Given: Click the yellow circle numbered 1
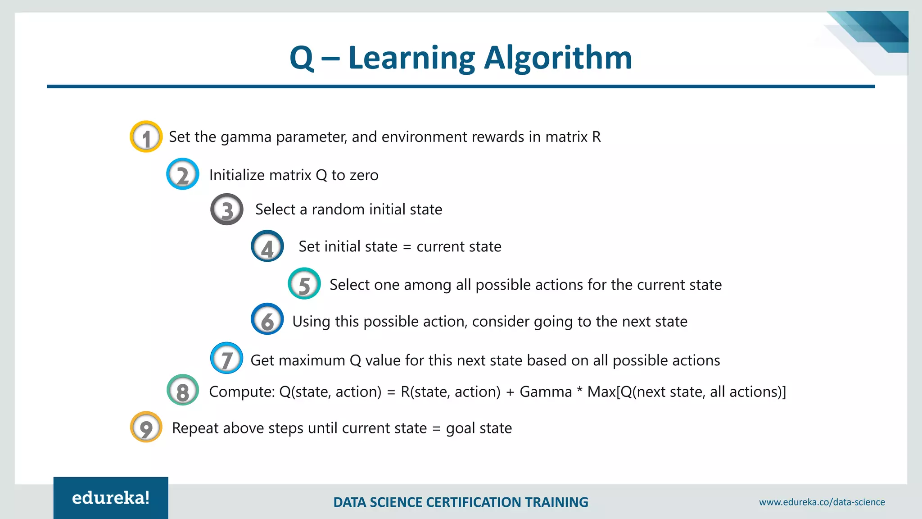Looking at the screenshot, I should (x=146, y=137).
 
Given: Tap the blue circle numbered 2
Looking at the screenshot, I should (x=182, y=174).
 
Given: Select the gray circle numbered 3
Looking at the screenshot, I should (x=227, y=209).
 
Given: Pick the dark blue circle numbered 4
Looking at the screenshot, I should (x=267, y=246).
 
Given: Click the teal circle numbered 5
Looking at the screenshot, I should (x=304, y=283).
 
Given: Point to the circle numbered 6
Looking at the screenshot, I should (x=267, y=319).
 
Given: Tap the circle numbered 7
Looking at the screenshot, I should (x=226, y=358).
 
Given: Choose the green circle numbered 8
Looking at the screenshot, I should (x=182, y=390).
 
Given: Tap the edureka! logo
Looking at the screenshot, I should (x=111, y=498).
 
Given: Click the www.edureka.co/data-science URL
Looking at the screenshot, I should (x=822, y=502).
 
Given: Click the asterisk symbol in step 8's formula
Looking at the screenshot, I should (x=579, y=390).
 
